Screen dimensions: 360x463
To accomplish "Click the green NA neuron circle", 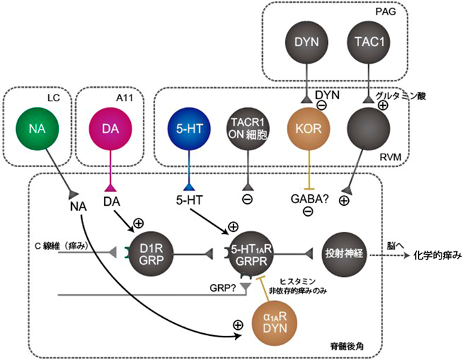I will click(38, 128).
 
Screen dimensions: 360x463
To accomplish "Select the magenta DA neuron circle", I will click(109, 128).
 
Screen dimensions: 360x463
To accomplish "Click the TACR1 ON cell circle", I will click(247, 128).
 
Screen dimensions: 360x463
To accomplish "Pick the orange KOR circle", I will click(309, 128).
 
